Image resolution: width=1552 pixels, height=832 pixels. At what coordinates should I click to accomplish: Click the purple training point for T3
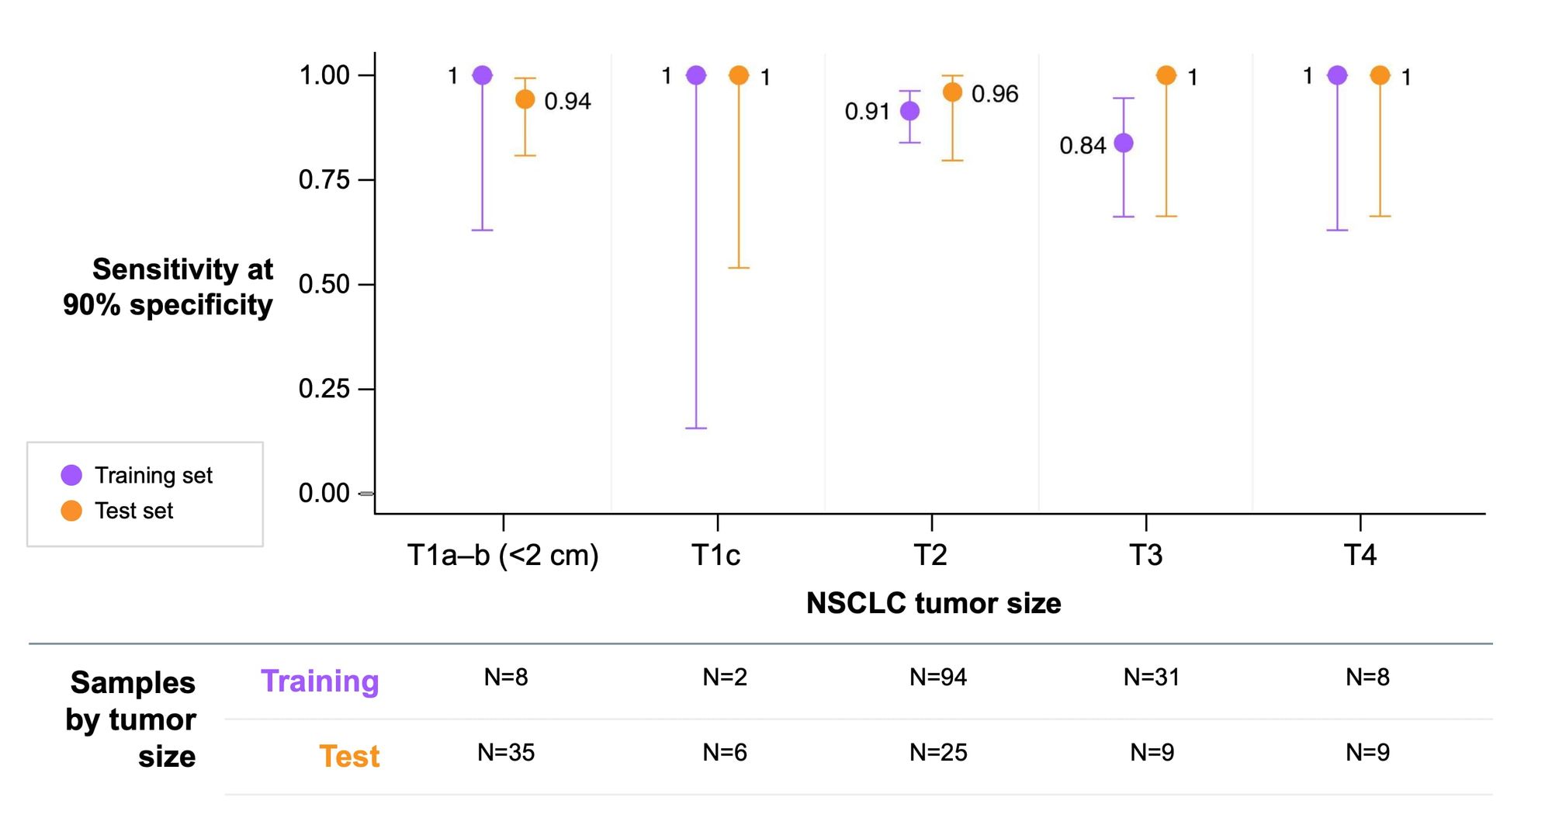[1123, 143]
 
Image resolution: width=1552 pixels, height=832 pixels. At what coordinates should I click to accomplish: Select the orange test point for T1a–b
[525, 99]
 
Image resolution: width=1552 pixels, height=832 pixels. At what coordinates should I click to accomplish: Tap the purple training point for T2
[909, 111]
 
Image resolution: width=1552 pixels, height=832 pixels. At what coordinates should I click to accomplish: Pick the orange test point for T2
[952, 92]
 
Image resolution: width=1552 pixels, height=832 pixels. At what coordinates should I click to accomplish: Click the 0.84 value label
[1082, 145]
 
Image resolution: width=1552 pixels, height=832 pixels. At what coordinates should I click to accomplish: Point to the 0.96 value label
[994, 94]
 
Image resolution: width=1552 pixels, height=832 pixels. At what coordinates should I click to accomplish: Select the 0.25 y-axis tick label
[324, 388]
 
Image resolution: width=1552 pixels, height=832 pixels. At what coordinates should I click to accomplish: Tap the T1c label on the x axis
[715, 555]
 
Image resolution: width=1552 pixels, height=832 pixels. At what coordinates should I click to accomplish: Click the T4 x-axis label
[1360, 555]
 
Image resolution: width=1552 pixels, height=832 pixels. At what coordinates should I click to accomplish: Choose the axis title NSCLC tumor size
[933, 603]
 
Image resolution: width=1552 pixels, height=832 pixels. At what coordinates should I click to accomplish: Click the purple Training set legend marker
[71, 475]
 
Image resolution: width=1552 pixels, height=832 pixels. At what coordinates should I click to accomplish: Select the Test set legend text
[133, 511]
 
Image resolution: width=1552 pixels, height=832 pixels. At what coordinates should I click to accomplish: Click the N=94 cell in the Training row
[937, 677]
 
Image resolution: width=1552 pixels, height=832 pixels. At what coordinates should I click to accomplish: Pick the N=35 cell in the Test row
[505, 752]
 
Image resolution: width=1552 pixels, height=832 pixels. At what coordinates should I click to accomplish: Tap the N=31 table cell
[1151, 677]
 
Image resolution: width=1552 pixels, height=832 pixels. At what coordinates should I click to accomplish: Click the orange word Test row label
[349, 756]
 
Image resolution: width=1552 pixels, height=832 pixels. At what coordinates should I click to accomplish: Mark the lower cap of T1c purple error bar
[696, 428]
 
